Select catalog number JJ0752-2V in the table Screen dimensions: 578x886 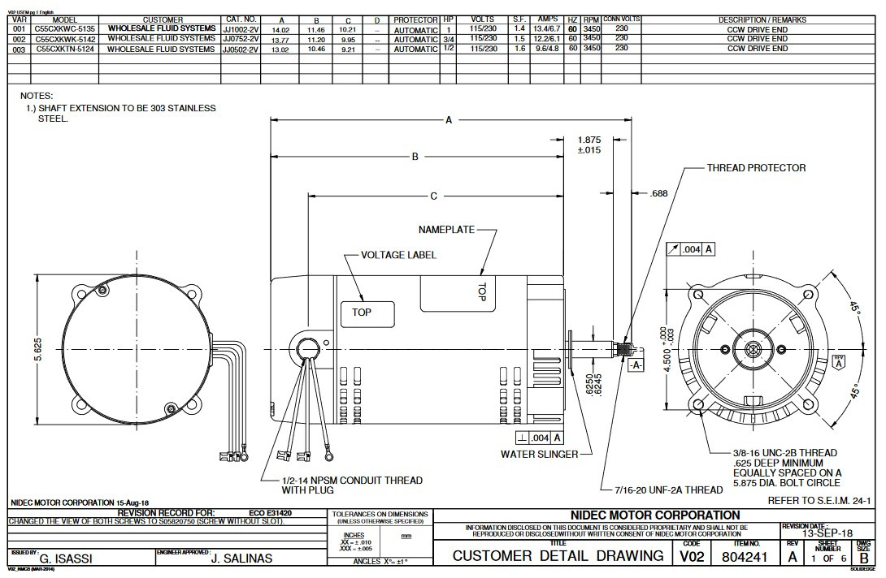click(241, 39)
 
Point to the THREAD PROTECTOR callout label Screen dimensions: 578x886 click(756, 168)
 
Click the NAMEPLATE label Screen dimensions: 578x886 click(446, 230)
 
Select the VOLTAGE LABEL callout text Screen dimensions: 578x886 click(398, 255)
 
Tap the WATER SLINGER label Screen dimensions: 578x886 click(539, 454)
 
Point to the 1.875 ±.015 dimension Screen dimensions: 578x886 click(588, 144)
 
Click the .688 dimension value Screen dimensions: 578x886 click(659, 194)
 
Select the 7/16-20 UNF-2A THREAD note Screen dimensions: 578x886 click(662, 490)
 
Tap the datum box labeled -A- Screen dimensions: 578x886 click(636, 365)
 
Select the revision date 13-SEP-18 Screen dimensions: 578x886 click(827, 534)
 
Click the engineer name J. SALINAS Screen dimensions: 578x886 click(241, 559)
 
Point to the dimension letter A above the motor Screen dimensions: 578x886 click(449, 120)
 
